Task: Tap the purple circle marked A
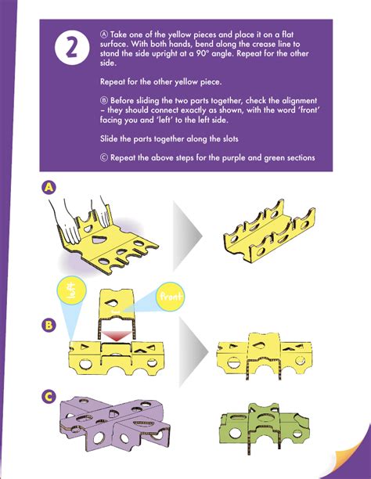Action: [49, 187]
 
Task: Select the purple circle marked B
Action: [49, 325]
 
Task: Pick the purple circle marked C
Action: [49, 397]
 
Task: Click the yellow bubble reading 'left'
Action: [71, 290]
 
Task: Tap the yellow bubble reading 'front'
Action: [170, 297]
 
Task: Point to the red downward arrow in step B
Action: [116, 336]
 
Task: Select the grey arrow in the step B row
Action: [193, 352]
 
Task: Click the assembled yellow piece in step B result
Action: [264, 355]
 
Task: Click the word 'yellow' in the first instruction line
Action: [180, 34]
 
